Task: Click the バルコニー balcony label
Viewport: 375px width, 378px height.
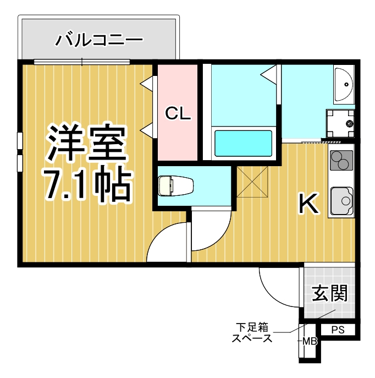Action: click(100, 40)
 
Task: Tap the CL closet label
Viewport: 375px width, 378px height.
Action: click(178, 114)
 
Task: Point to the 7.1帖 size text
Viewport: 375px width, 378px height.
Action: click(87, 186)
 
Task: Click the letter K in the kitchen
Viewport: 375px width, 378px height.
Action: click(308, 204)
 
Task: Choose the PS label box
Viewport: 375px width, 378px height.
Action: click(338, 330)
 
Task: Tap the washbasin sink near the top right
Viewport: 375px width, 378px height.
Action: click(344, 84)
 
